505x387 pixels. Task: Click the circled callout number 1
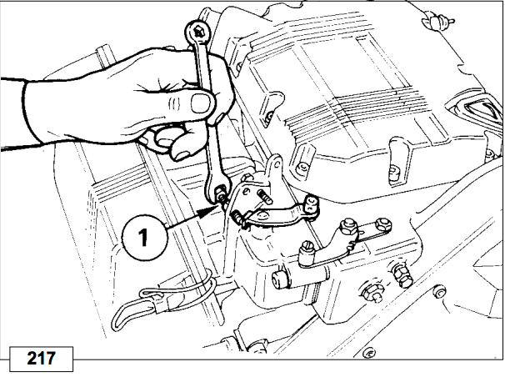[x=145, y=238]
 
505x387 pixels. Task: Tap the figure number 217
[x=41, y=359]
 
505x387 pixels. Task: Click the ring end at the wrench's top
[x=197, y=33]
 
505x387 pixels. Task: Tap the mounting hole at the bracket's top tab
[x=277, y=164]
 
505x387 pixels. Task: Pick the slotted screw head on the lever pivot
[x=306, y=247]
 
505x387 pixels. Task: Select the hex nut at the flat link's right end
[x=383, y=224]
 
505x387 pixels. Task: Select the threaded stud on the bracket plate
[x=264, y=197]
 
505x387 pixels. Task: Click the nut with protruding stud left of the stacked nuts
[x=373, y=293]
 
